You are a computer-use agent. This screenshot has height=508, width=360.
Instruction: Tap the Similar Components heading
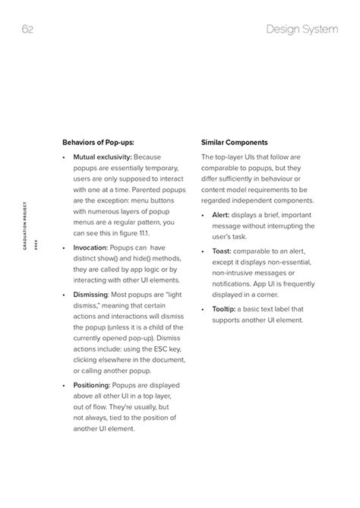235,141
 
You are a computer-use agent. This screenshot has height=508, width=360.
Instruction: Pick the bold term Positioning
93,386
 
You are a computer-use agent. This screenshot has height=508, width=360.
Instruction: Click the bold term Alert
222,215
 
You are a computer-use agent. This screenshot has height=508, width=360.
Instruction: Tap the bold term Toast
222,250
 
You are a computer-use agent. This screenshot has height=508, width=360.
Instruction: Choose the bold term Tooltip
224,308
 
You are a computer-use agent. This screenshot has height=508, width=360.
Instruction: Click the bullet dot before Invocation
64,248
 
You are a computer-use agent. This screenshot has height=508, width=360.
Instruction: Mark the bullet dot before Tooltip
204,309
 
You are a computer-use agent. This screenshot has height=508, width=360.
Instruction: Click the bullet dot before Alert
204,216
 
